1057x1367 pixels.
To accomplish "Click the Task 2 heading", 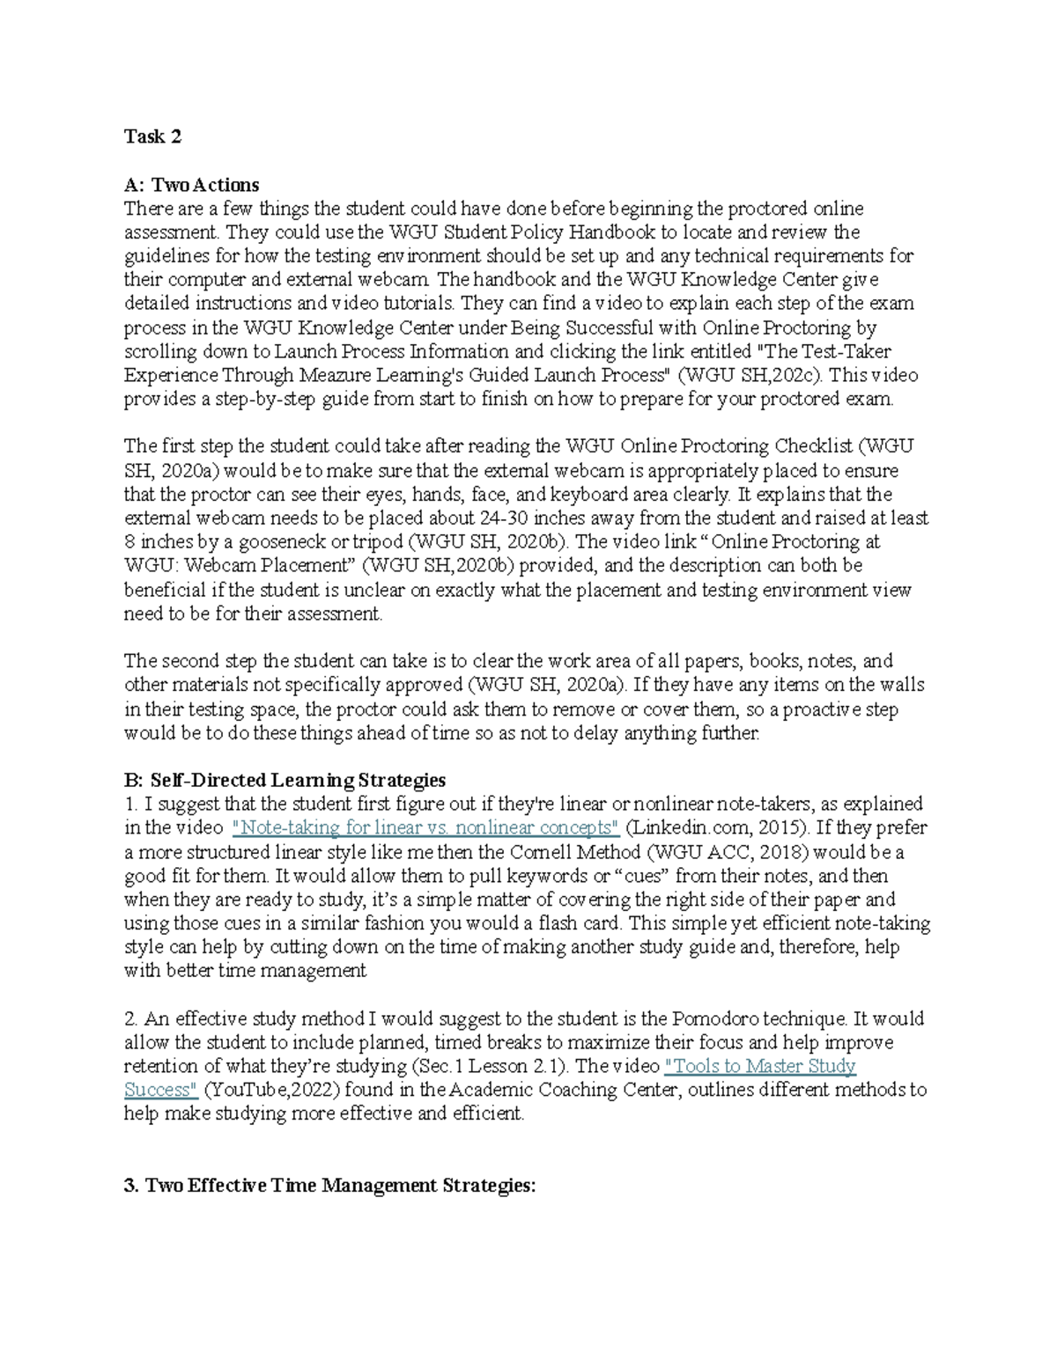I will click(152, 136).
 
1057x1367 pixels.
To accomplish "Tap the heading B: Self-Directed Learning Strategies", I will click(285, 780).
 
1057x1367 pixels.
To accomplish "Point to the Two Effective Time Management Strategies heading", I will click(329, 1186).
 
